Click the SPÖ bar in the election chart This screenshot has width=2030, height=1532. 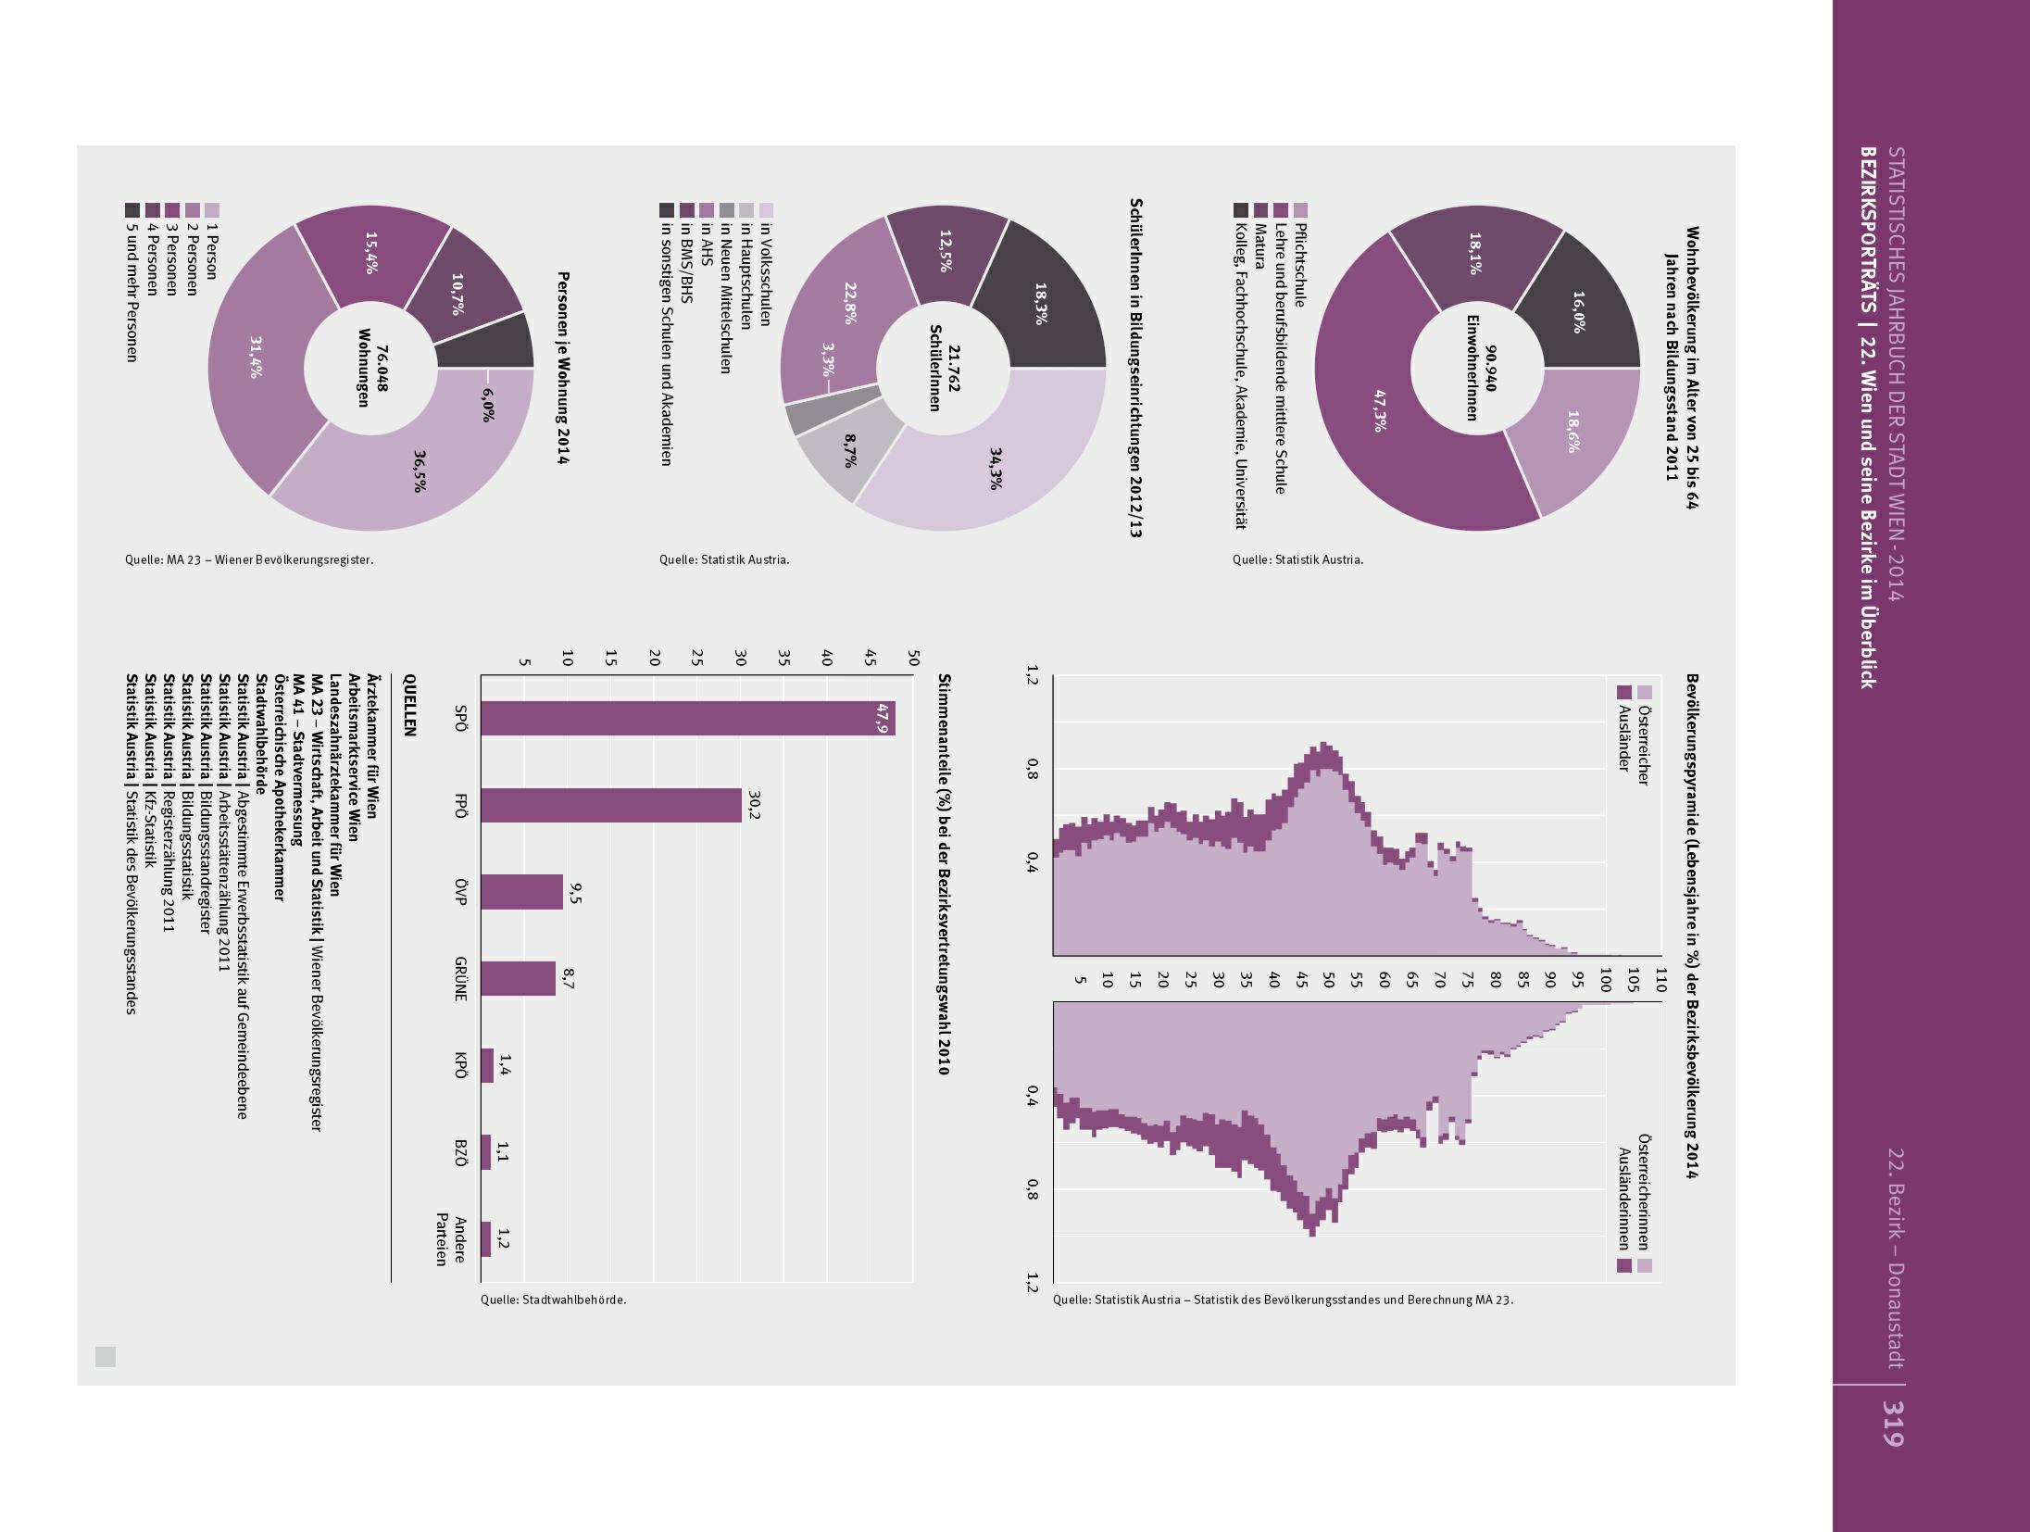pyautogui.click(x=687, y=718)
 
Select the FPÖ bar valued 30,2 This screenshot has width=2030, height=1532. pyautogui.click(x=611, y=805)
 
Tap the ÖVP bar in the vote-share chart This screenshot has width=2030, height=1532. pyautogui.click(x=521, y=891)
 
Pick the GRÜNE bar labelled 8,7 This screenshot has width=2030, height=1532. pyautogui.click(x=518, y=978)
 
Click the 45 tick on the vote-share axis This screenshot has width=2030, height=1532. pyautogui.click(x=870, y=658)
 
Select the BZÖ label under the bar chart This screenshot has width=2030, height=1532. pyautogui.click(x=460, y=1151)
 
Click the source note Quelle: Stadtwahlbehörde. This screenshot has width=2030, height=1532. pyautogui.click(x=553, y=1300)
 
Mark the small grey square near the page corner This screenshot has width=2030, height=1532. pyautogui.click(x=106, y=1357)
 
